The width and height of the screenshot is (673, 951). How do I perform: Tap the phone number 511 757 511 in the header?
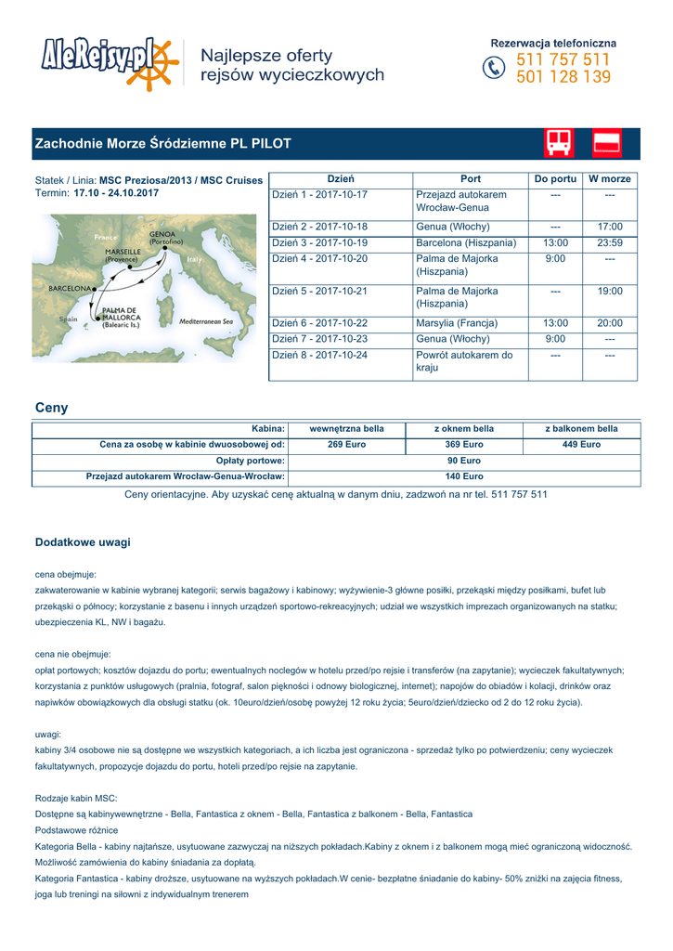tap(563, 60)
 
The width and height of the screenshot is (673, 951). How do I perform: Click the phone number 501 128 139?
tap(563, 77)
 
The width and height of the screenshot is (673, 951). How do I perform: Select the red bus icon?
tap(559, 143)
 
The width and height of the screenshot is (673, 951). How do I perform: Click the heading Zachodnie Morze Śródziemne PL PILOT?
tap(163, 144)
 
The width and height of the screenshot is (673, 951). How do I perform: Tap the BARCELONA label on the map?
tap(70, 289)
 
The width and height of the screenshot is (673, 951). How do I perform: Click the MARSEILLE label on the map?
tap(123, 252)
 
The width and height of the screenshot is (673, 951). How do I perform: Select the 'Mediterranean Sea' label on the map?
tap(205, 321)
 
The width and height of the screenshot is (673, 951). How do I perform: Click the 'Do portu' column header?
tap(555, 178)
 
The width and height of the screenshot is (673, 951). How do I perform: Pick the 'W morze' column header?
tap(610, 178)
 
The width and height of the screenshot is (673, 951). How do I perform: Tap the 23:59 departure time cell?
tap(610, 242)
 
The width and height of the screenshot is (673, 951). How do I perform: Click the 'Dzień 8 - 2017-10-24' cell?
tap(319, 355)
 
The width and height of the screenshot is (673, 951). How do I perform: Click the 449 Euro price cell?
tap(582, 445)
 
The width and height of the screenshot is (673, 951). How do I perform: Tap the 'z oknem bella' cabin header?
tap(464, 429)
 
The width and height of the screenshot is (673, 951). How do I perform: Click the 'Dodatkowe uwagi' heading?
tap(83, 541)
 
